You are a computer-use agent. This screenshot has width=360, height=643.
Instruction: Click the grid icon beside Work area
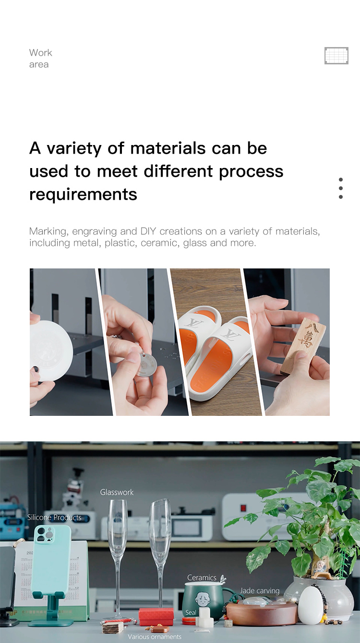(x=336, y=56)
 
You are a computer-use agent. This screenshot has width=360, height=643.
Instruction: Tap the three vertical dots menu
(x=340, y=188)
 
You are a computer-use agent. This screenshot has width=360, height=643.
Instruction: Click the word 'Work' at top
(x=40, y=52)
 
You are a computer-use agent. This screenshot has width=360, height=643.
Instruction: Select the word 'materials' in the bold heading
(x=168, y=148)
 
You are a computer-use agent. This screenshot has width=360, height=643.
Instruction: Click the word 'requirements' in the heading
(x=83, y=195)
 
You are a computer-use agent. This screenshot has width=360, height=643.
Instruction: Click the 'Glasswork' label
(x=117, y=492)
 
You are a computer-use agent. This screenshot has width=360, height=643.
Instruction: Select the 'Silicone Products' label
(x=54, y=518)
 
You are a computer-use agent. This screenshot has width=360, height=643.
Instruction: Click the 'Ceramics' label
(x=202, y=578)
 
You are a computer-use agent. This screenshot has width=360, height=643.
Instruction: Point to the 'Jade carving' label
(x=260, y=591)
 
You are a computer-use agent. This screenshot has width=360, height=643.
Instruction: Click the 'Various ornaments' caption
(x=155, y=637)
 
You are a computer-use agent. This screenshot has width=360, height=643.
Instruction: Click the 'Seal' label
(x=191, y=613)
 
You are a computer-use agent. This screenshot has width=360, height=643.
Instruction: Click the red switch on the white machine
(x=243, y=508)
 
